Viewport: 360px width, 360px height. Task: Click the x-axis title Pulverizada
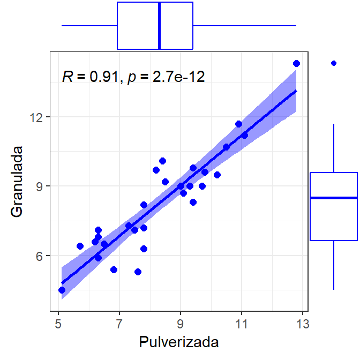(179, 342)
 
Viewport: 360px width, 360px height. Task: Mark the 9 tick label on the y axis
(42, 186)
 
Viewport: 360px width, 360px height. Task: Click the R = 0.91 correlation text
(89, 77)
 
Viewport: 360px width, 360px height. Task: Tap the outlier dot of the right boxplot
(334, 63)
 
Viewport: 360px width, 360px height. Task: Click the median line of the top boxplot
(160, 26)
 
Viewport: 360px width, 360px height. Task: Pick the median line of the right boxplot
(334, 198)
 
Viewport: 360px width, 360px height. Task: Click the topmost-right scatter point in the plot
(297, 64)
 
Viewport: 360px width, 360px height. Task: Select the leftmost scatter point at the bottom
(62, 290)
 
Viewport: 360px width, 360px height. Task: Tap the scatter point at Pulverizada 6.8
(114, 269)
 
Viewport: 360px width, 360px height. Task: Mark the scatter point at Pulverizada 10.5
(226, 147)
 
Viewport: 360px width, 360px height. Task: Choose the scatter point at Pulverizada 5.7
(80, 246)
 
